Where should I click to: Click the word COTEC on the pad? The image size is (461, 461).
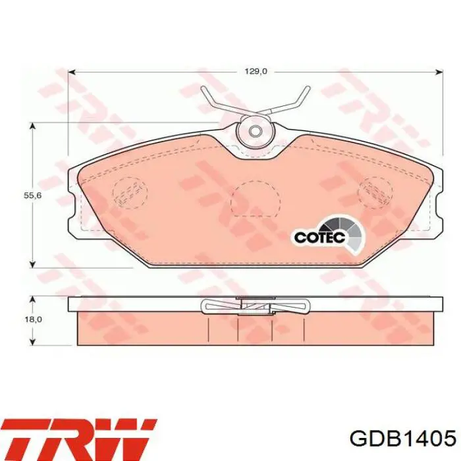[319, 236]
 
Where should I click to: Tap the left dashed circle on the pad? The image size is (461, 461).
[130, 192]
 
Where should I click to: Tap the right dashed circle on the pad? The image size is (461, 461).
[375, 192]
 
